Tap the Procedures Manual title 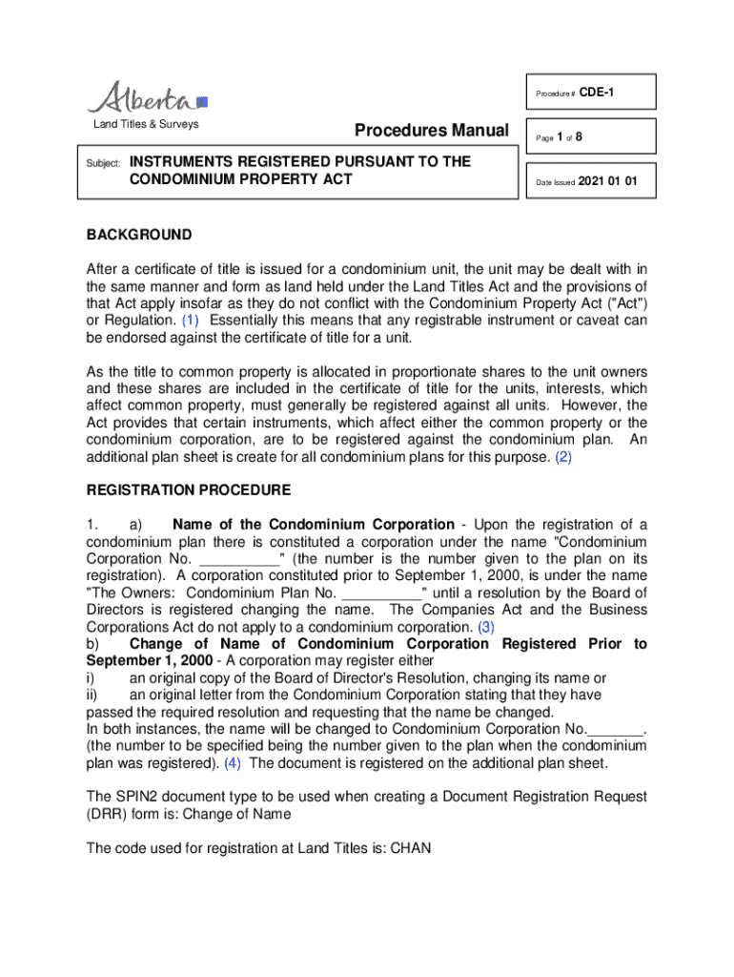point(431,131)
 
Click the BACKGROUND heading point(139,235)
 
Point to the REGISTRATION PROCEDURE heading point(189,490)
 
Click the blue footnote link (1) point(191,320)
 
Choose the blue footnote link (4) point(233,764)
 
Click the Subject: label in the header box point(101,164)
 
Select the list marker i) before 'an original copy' point(91,678)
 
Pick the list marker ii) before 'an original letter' point(92,696)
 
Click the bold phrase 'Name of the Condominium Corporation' point(314,525)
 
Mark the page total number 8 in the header point(579,137)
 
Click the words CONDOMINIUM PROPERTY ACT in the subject point(241,179)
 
